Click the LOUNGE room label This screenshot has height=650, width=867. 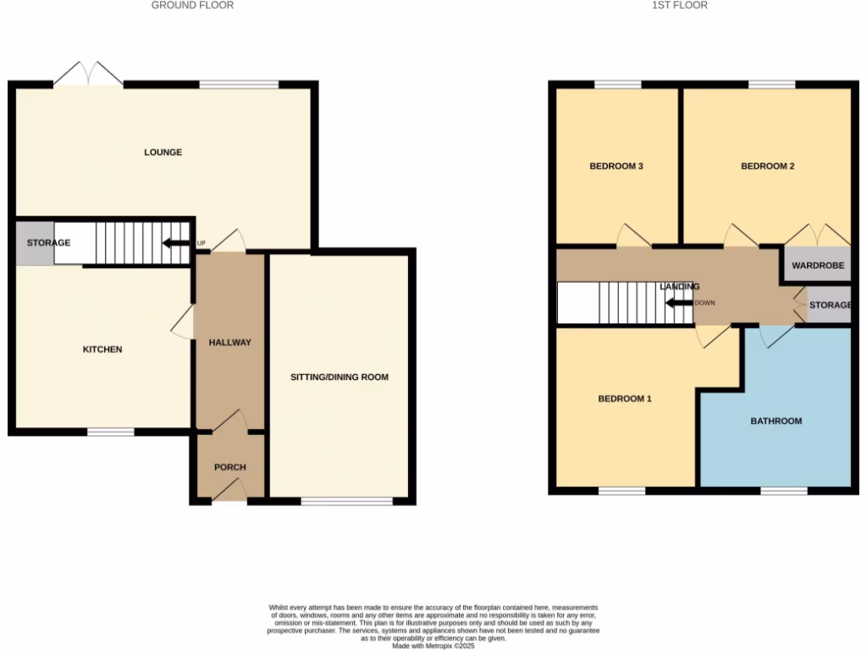[x=163, y=152]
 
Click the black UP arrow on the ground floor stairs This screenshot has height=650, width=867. [x=176, y=244]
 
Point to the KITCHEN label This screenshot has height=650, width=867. [x=102, y=350]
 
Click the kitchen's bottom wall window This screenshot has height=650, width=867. [x=111, y=432]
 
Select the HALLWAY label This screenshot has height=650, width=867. [x=230, y=343]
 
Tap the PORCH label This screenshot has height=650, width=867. [x=229, y=466]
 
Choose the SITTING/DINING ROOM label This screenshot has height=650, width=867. [x=340, y=377]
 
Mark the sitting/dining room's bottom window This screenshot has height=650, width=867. [x=347, y=501]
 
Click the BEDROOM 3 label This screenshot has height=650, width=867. [x=616, y=167]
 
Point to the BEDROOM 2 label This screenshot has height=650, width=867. [x=767, y=167]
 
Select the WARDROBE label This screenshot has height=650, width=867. [x=818, y=266]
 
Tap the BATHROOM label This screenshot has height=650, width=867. [x=776, y=421]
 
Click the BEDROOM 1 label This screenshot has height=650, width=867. [x=625, y=398]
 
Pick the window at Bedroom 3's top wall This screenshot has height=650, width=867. [x=617, y=85]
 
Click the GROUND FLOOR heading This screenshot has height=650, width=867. [x=192, y=5]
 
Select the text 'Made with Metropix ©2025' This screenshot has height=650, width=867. [x=433, y=645]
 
